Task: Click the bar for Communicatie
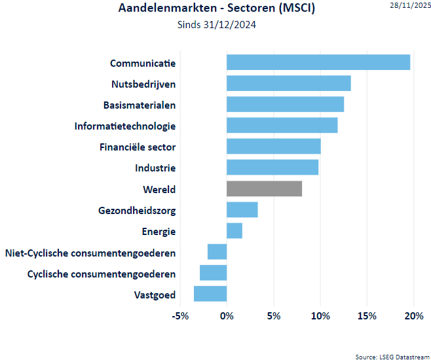[x=318, y=62]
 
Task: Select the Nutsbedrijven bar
[x=289, y=83]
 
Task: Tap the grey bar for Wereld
[x=264, y=189]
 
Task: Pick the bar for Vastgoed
[x=210, y=294]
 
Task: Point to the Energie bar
[x=234, y=230]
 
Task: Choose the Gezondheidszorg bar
[x=242, y=209]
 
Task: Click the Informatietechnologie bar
[x=282, y=125]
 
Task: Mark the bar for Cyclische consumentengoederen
[x=214, y=273]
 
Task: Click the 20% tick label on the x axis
[x=414, y=316]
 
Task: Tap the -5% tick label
[x=179, y=316]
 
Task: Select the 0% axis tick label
[x=227, y=316]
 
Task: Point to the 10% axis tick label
[x=320, y=316]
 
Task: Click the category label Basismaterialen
[x=140, y=105]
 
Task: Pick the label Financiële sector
[x=138, y=147]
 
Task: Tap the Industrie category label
[x=155, y=168]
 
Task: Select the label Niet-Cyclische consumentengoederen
[x=90, y=253]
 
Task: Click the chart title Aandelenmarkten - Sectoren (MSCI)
[x=217, y=9]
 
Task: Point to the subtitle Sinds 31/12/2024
[x=216, y=26]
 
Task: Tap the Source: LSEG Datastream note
[x=390, y=355]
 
